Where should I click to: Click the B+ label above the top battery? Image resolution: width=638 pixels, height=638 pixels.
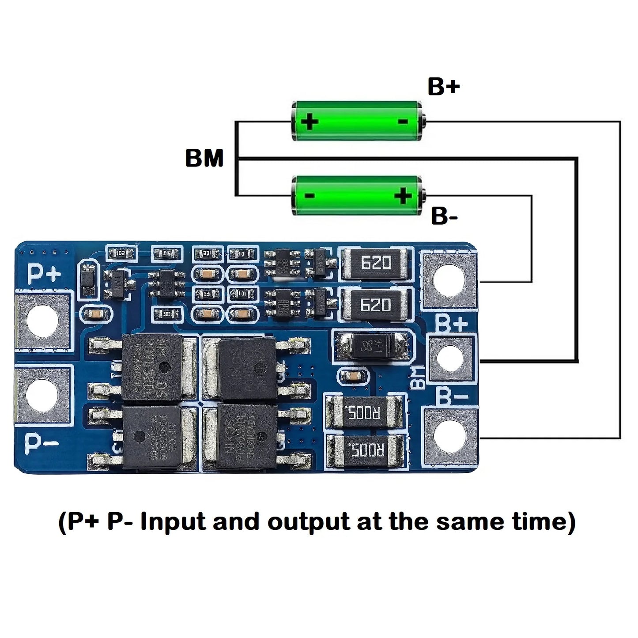[x=443, y=87]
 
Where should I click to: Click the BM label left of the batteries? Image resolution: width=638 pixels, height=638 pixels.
[x=204, y=158]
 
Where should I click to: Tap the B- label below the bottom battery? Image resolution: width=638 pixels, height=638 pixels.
[x=444, y=216]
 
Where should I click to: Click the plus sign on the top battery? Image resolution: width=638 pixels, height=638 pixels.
[x=310, y=121]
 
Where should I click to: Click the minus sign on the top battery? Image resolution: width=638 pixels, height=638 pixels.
[x=403, y=121]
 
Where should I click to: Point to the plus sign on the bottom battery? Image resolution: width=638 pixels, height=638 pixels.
[x=403, y=196]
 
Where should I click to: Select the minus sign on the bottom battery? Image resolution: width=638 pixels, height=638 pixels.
[x=310, y=196]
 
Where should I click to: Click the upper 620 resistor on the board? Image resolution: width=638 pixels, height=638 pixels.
[x=376, y=264]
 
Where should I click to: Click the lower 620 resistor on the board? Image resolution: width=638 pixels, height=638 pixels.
[x=376, y=305]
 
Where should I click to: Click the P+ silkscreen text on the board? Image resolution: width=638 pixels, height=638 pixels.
[x=44, y=274]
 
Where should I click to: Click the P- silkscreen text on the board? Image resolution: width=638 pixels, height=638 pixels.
[x=41, y=443]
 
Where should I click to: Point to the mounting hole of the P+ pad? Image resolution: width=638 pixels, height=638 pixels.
[x=42, y=322]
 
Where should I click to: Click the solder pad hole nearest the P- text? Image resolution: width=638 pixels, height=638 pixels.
[x=42, y=394]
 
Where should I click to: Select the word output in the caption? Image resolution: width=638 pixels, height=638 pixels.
[x=309, y=522]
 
